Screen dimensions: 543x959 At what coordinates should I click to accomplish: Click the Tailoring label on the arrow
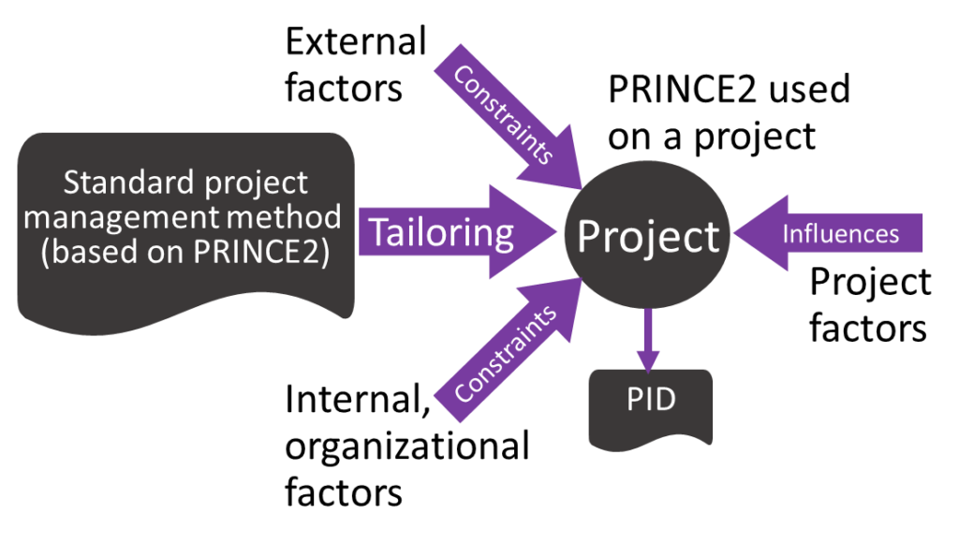point(441,232)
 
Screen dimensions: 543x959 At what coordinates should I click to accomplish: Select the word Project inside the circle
point(648,236)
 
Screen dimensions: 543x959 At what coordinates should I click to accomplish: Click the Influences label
point(840,233)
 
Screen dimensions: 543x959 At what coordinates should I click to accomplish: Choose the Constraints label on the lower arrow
point(503,354)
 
